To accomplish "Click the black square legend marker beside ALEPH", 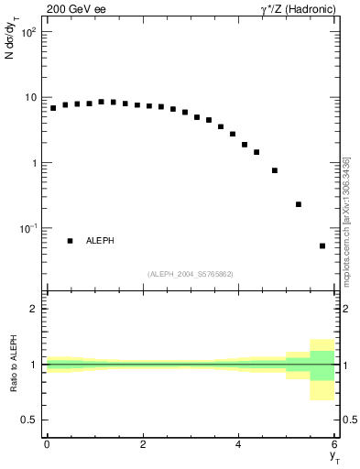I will point(70,241).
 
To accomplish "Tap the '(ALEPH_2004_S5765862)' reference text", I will point(191,274).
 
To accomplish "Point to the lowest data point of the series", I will point(322,245).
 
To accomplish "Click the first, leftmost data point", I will point(53,108).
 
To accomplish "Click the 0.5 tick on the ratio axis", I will point(29,420).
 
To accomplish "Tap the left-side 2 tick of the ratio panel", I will point(33,309).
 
